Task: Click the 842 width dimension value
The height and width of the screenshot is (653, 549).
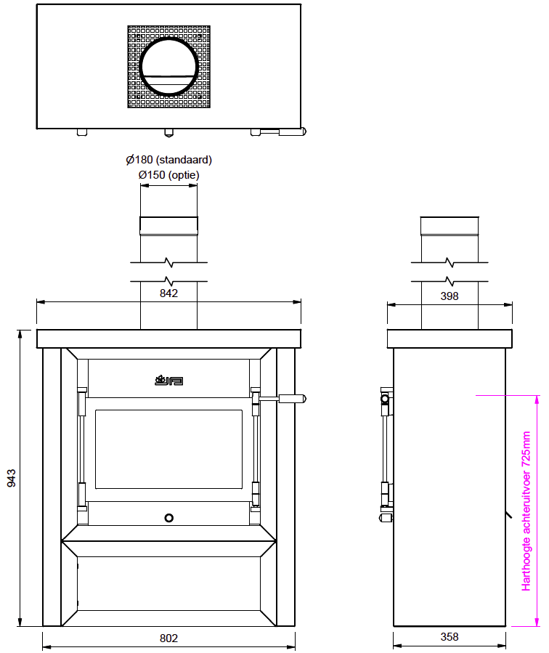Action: [168, 293]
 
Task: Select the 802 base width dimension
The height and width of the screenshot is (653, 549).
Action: [168, 638]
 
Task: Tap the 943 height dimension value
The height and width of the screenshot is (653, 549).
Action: [12, 479]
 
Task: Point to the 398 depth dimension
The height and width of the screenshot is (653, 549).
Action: [450, 296]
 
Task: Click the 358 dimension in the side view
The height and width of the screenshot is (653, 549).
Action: [450, 637]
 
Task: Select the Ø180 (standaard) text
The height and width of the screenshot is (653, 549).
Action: [168, 160]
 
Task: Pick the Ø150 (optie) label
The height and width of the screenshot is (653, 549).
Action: [168, 175]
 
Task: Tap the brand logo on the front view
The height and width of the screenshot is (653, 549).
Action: [168, 379]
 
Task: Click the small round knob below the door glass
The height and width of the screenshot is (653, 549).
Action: [168, 518]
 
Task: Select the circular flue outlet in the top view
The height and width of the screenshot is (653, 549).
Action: [168, 67]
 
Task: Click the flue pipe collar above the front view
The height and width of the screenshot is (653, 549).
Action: [168, 227]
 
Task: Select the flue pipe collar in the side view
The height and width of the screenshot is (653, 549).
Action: [450, 227]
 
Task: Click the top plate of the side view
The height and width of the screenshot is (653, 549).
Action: [450, 339]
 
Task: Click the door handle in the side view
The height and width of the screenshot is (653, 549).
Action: [385, 399]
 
